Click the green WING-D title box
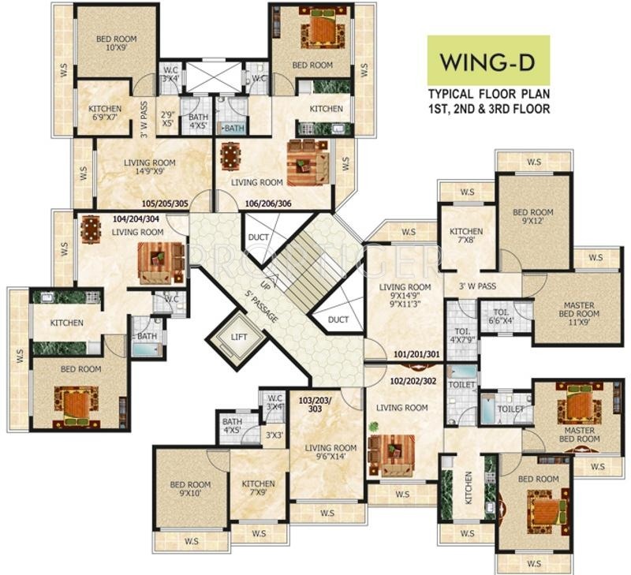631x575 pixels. coord(488,61)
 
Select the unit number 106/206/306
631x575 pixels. coord(267,203)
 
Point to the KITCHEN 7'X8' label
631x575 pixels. coord(465,237)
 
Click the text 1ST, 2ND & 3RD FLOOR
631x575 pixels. coord(488,110)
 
